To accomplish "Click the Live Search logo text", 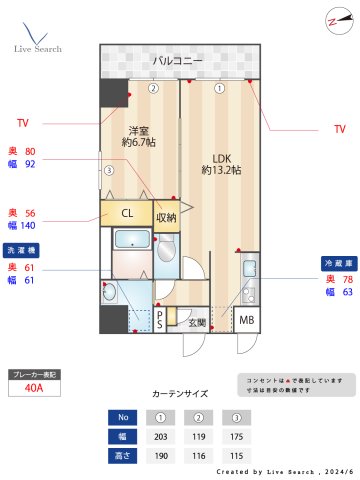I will pyautogui.click(x=38, y=49).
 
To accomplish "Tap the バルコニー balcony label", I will pyautogui.click(x=179, y=62).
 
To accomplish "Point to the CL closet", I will pyautogui.click(x=127, y=213).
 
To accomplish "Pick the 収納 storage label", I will pyautogui.click(x=166, y=217).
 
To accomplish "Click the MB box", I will pyautogui.click(x=246, y=320).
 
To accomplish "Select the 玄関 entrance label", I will pyautogui.click(x=197, y=322).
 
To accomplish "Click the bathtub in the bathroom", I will pyautogui.click(x=131, y=240).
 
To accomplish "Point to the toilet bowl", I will pyautogui.click(x=166, y=248).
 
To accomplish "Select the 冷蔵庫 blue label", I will pyautogui.click(x=338, y=262).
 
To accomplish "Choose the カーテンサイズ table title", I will pyautogui.click(x=180, y=394).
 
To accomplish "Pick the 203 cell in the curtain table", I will pyautogui.click(x=160, y=436).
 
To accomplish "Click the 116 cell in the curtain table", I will pyautogui.click(x=198, y=455).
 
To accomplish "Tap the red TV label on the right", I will pyautogui.click(x=339, y=129).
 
